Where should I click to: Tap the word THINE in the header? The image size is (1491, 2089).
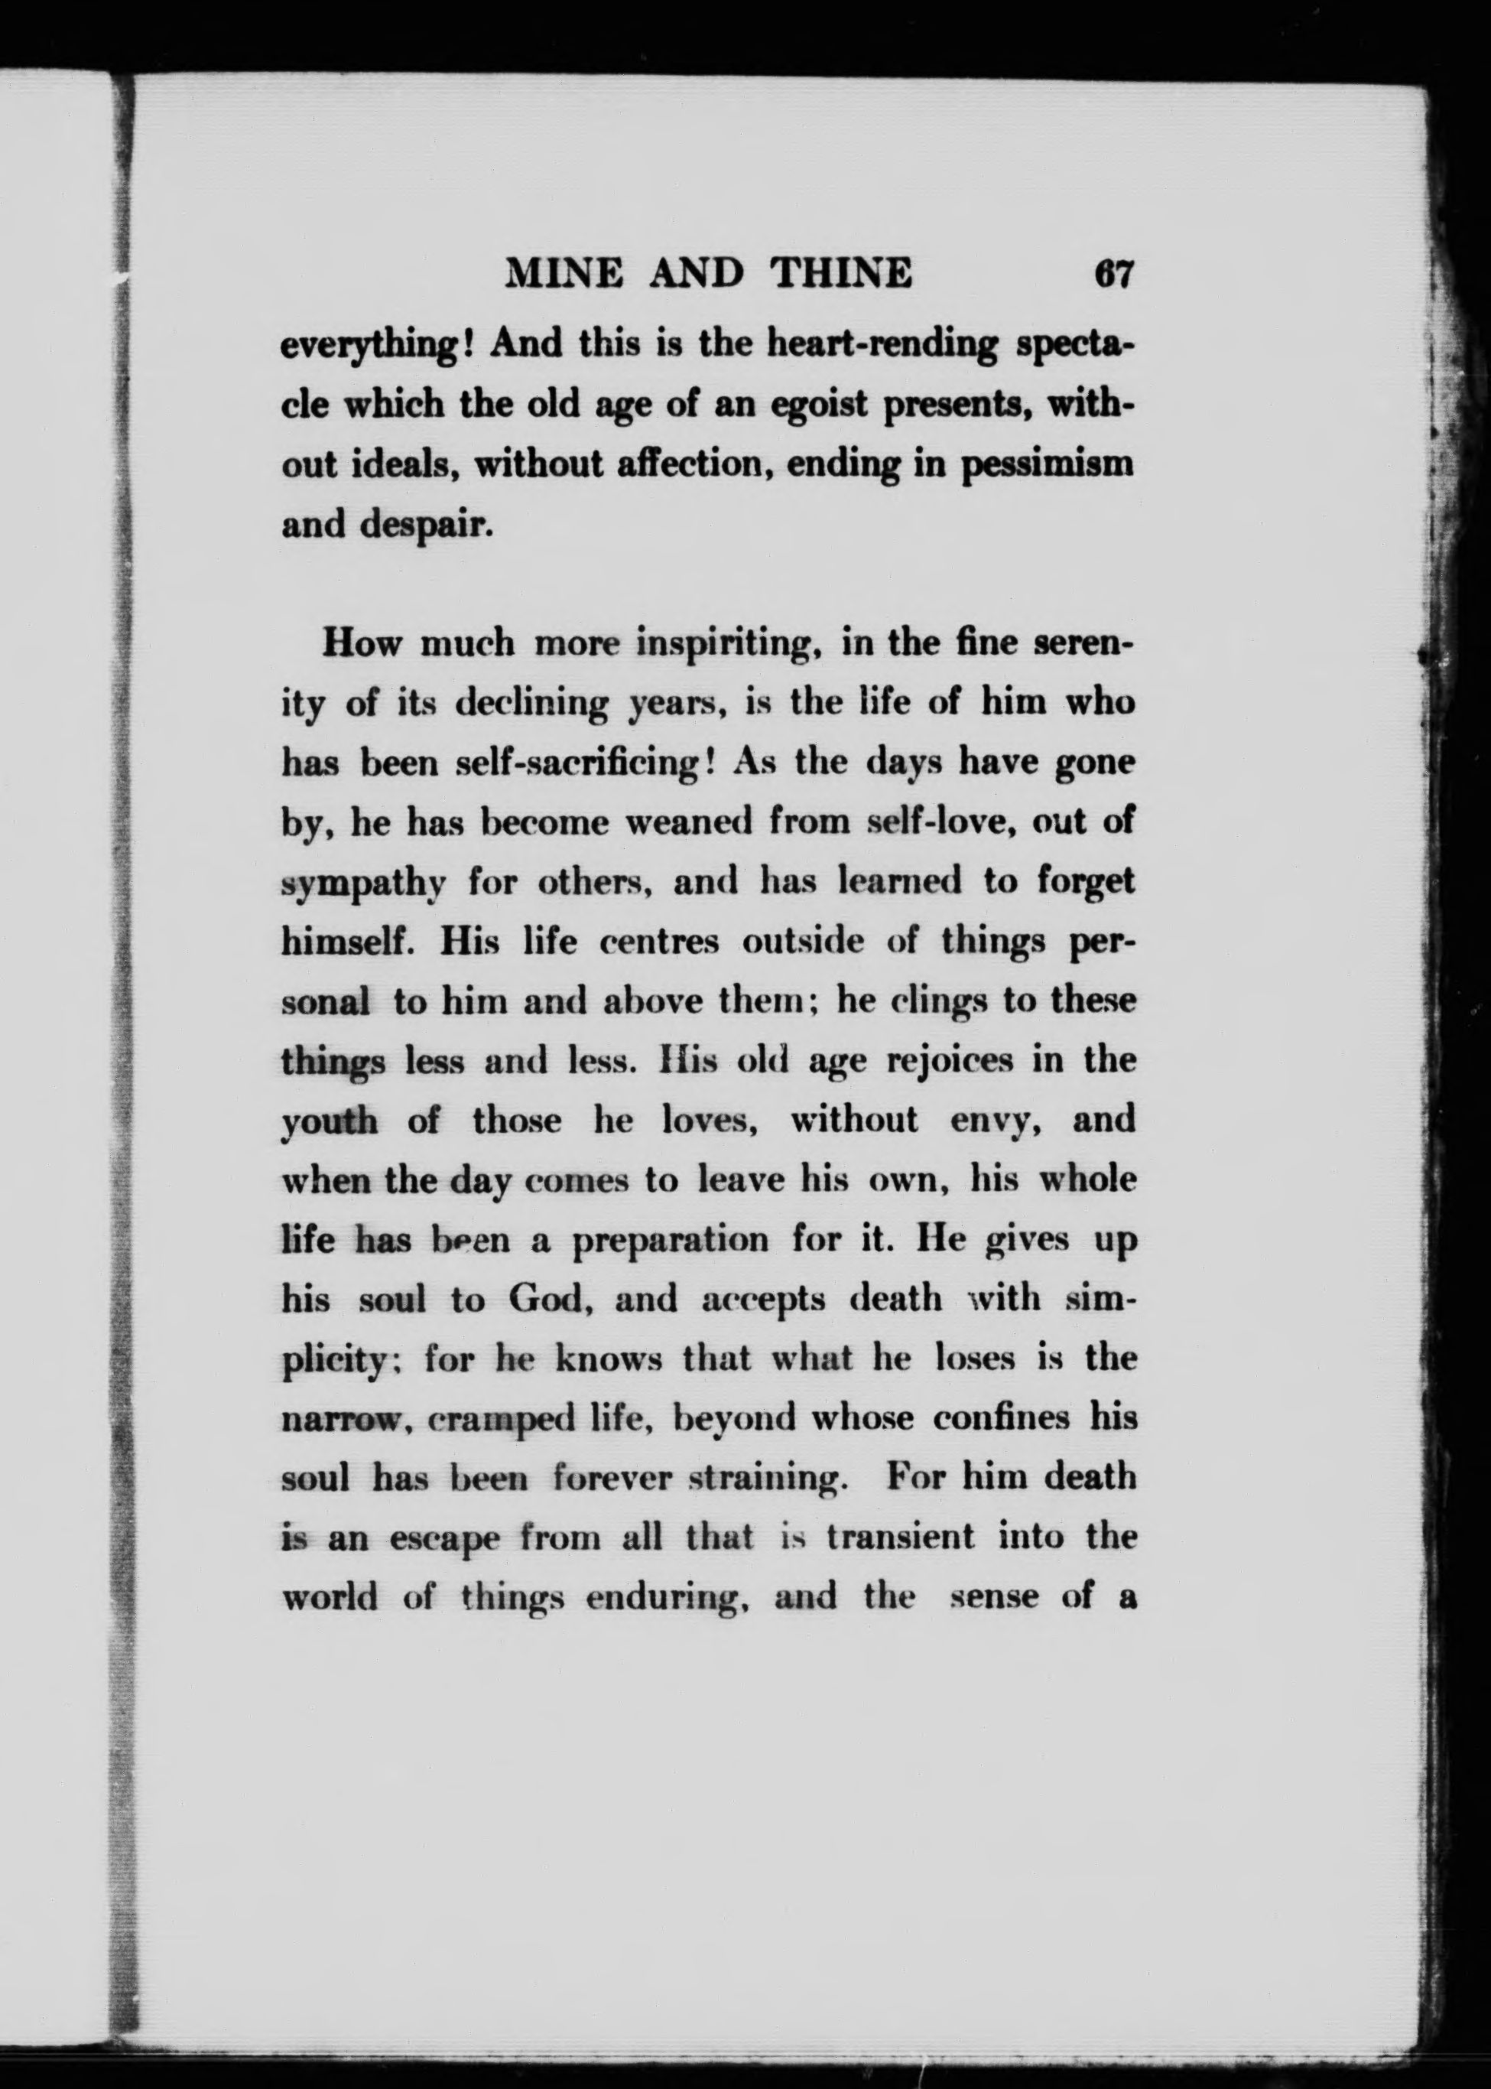click(842, 274)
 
